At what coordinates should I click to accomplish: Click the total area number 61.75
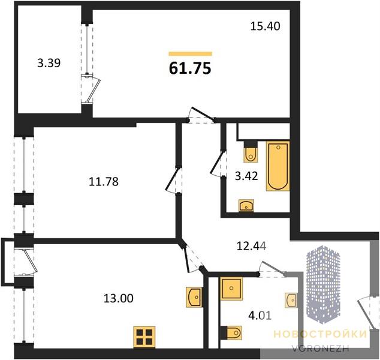click(190, 68)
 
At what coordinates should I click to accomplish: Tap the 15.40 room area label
click(265, 26)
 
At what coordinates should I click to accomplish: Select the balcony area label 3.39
click(49, 63)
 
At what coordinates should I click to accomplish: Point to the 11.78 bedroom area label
click(104, 181)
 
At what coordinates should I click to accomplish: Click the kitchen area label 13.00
click(119, 298)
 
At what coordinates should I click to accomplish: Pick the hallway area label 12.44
click(252, 247)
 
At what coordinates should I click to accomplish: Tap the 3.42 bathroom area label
click(246, 176)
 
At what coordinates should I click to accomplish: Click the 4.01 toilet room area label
click(260, 316)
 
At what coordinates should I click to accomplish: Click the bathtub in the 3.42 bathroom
click(278, 166)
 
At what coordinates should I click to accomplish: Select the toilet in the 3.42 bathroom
click(251, 152)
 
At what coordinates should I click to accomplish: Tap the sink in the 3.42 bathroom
click(246, 206)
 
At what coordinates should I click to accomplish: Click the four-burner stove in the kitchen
click(144, 337)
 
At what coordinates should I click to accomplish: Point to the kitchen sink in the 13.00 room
click(194, 297)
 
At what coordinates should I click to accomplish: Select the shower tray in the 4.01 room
click(231, 288)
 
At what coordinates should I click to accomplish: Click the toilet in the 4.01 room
click(231, 332)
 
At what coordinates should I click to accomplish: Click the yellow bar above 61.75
click(191, 54)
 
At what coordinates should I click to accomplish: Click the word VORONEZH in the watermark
click(321, 349)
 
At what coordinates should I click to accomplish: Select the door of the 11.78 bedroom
click(173, 179)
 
